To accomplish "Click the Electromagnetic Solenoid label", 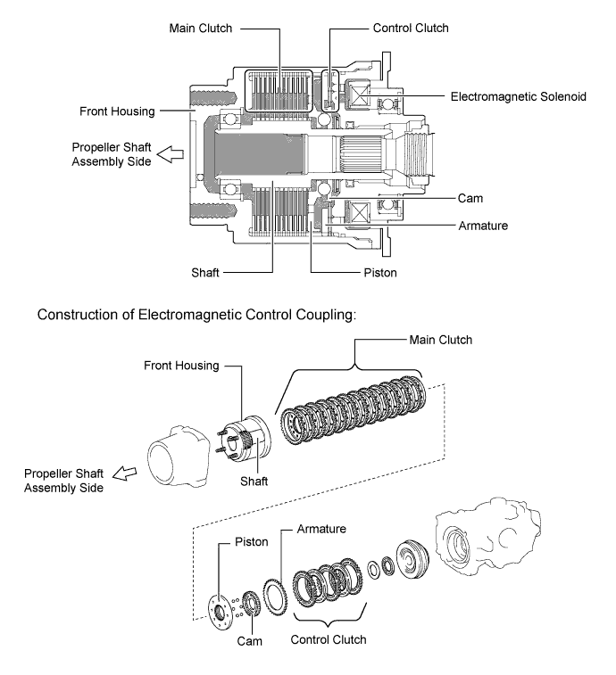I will click(x=519, y=96).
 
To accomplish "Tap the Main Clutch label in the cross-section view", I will click(x=200, y=28).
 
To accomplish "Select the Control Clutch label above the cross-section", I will click(x=412, y=28).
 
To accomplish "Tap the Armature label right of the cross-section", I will click(x=482, y=226).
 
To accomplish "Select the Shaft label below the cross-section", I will click(x=210, y=273).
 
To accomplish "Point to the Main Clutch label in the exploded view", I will click(x=440, y=340).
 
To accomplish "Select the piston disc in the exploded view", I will click(x=217, y=605).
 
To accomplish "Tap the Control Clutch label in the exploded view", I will click(x=329, y=639).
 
